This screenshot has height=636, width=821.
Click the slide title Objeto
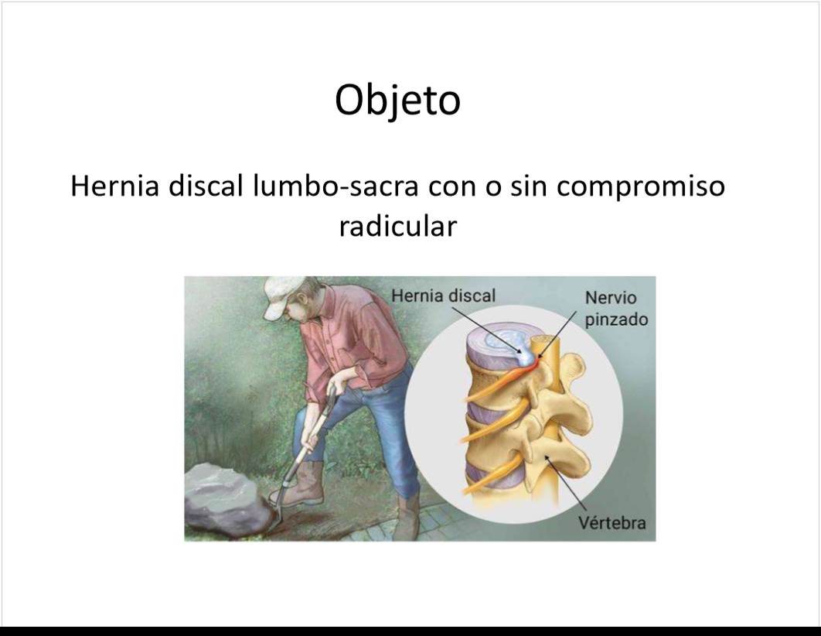coord(397,100)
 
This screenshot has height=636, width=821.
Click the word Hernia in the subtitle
coord(114,186)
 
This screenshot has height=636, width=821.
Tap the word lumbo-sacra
coord(336,186)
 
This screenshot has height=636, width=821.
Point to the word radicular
coord(398,226)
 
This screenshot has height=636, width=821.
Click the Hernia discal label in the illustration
coord(443,296)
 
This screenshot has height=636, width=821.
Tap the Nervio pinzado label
coord(616,309)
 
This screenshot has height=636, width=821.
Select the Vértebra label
coord(611,522)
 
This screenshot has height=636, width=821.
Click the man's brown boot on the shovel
coord(299,485)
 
